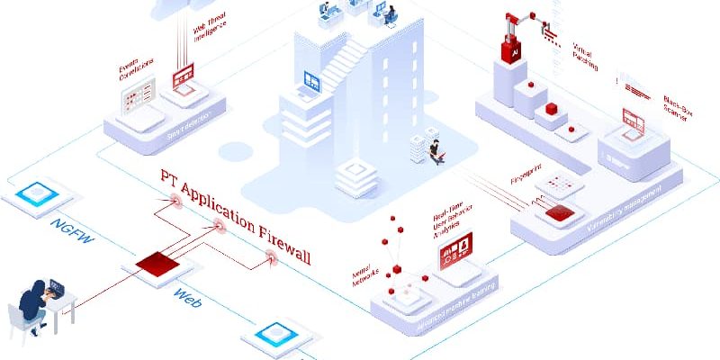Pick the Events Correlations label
click(136, 69)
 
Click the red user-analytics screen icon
click(455, 254)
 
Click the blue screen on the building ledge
click(313, 81)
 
